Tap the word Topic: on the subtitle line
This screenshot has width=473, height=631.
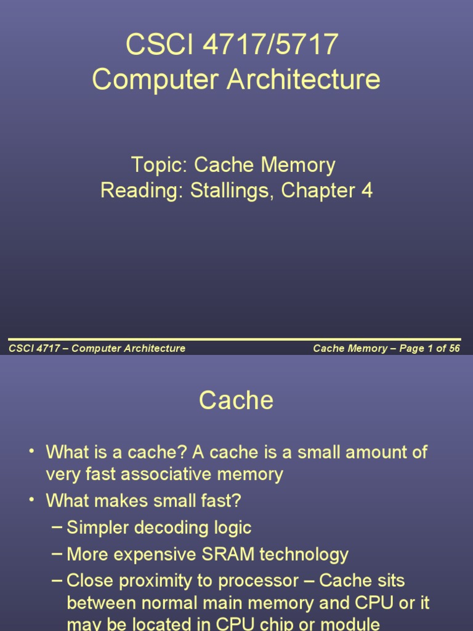(x=159, y=165)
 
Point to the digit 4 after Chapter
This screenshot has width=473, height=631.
(x=366, y=190)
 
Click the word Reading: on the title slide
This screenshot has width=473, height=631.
(x=142, y=190)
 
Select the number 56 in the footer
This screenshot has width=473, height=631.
(x=455, y=348)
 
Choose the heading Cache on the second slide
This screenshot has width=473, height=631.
(x=236, y=401)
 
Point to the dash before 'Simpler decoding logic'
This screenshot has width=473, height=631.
(x=57, y=527)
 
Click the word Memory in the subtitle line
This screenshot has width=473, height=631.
(x=298, y=165)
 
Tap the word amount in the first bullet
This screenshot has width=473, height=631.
(x=376, y=452)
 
